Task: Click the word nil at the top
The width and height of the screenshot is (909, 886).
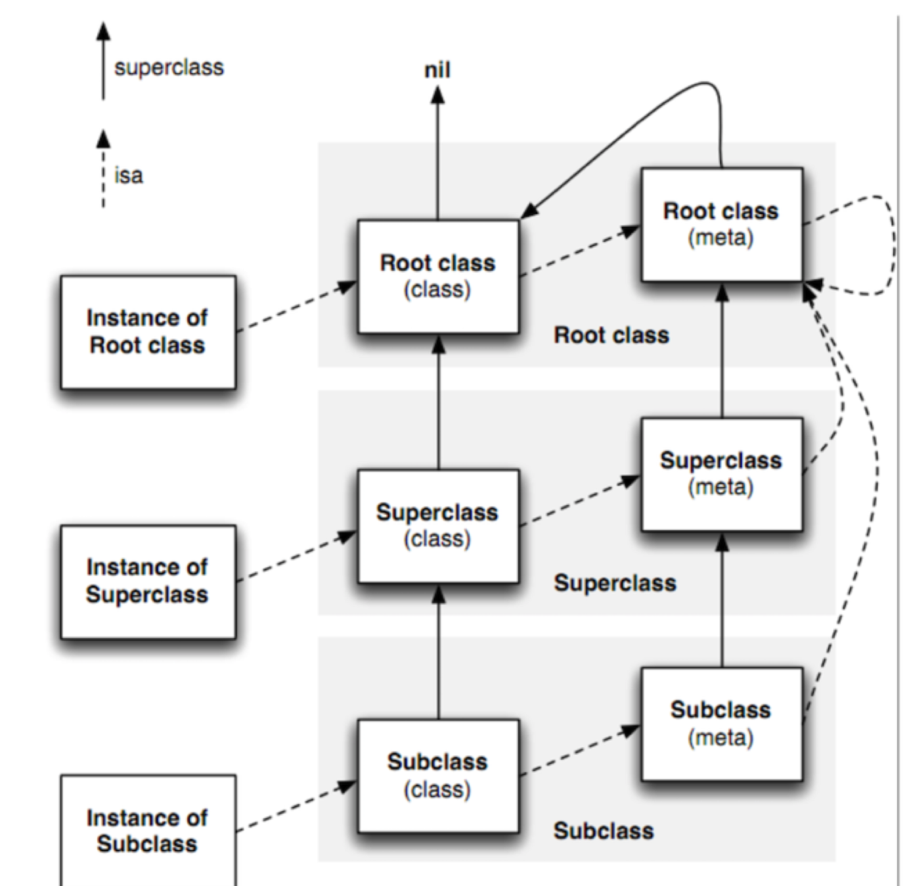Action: click(437, 70)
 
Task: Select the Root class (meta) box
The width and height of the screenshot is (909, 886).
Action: click(722, 224)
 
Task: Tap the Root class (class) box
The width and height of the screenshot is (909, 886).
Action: click(438, 276)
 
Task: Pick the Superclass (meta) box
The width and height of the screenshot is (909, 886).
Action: click(722, 475)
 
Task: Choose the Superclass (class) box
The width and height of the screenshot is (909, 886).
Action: click(438, 526)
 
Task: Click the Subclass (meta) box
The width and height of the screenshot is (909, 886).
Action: click(722, 724)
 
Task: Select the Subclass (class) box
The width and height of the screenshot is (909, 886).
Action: click(438, 776)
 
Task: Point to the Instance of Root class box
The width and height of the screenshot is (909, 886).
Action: click(148, 332)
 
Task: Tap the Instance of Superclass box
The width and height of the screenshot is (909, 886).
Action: click(148, 582)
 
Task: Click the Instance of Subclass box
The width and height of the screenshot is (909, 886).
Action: click(148, 830)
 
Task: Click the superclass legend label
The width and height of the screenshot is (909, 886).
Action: click(169, 68)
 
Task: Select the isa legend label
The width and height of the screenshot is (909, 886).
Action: click(129, 175)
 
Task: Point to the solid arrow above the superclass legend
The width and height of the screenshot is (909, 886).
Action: click(103, 60)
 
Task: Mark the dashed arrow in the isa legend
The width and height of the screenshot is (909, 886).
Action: click(103, 168)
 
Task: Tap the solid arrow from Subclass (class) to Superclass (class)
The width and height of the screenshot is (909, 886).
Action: click(438, 651)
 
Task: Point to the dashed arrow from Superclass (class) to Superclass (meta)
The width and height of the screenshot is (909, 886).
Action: click(580, 500)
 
